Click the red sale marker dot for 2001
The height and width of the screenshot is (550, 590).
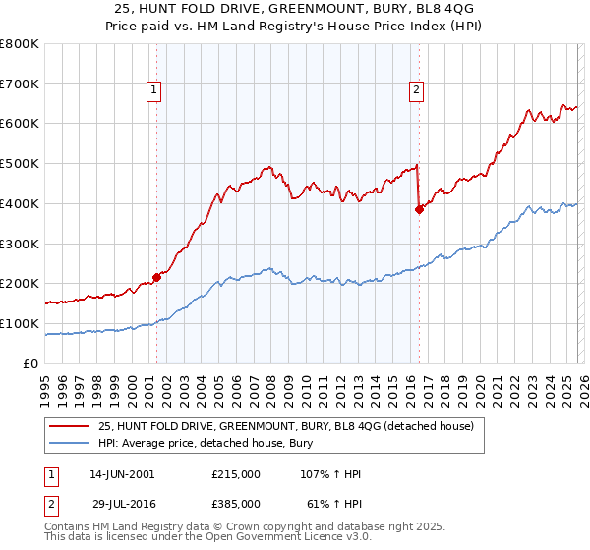[x=156, y=278]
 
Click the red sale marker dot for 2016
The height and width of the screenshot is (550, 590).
[x=419, y=208]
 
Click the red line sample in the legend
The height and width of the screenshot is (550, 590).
[x=69, y=426]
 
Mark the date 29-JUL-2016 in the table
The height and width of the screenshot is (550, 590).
[x=126, y=502]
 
